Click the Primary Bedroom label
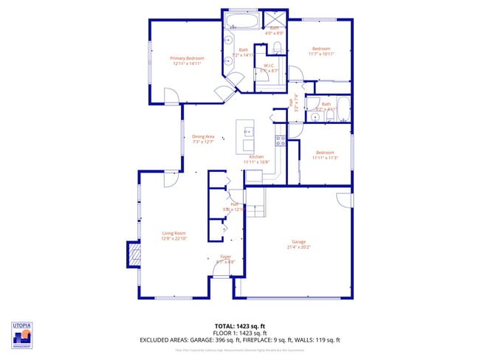tap(187, 60)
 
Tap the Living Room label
tap(174, 236)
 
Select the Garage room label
tap(298, 244)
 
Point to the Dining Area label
tap(203, 139)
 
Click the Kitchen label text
tap(257, 159)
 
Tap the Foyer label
tap(225, 259)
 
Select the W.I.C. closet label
tap(270, 68)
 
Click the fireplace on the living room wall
tap(134, 255)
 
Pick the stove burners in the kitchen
tap(281, 138)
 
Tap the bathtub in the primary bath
tap(241, 20)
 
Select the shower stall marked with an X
tap(277, 20)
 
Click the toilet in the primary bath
tap(278, 48)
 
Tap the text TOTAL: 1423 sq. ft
tap(240, 325)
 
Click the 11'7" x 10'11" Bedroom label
tap(321, 51)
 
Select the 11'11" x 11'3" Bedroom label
tap(325, 154)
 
